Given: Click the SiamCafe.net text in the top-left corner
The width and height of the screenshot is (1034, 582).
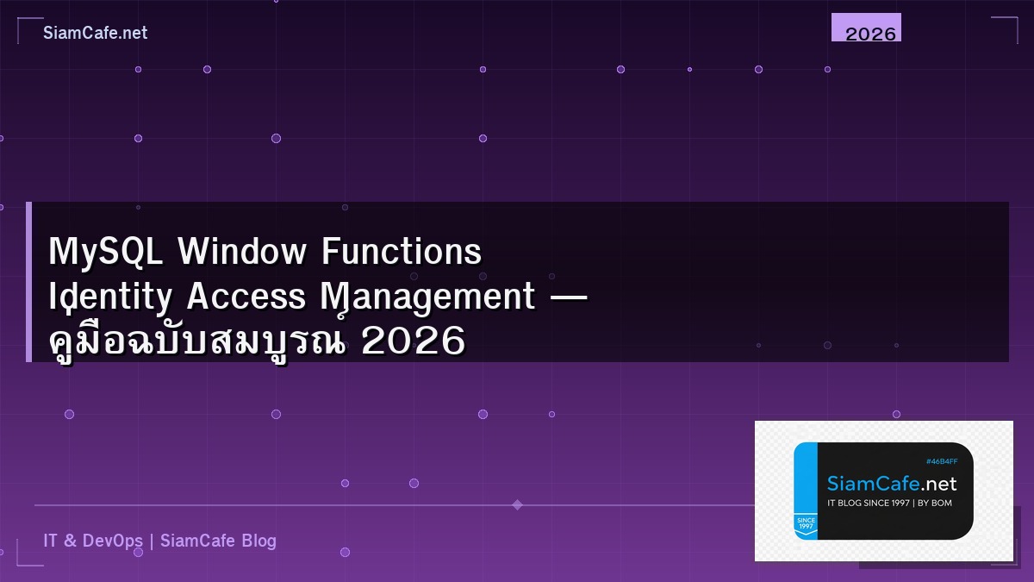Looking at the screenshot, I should pos(95,33).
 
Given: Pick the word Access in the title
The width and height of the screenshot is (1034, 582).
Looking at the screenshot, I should pos(246,297).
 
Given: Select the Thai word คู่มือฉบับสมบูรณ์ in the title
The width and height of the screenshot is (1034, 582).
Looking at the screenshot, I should pos(198,341).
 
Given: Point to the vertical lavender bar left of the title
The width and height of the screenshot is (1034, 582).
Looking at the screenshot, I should pos(28,282).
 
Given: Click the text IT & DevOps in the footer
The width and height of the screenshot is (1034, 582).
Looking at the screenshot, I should pos(93,541).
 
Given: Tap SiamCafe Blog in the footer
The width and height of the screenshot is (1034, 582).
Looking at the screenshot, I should pos(218,541).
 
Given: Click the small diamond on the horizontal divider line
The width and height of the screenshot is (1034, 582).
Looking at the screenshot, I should pos(517,504).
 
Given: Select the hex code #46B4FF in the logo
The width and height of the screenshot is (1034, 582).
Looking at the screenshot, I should pos(941,461).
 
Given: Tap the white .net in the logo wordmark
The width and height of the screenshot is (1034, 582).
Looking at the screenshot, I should pos(937,484).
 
